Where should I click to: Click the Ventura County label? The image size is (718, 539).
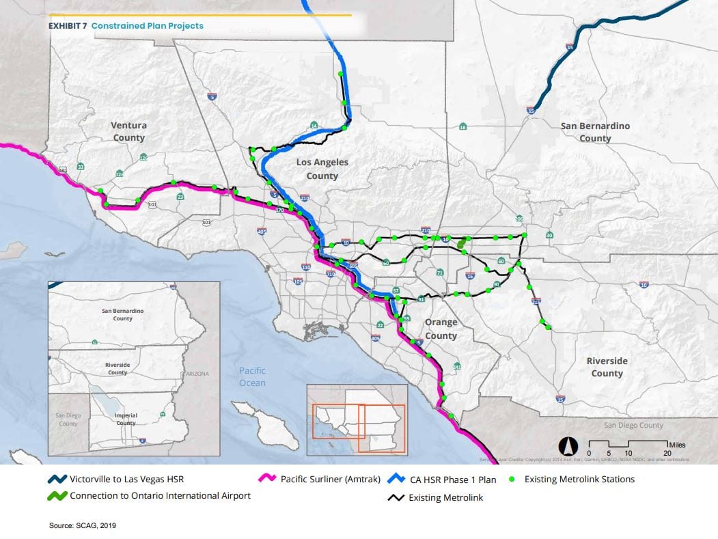[129, 131]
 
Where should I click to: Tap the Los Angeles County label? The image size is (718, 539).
[322, 169]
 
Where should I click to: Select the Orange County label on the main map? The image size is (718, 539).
[441, 329]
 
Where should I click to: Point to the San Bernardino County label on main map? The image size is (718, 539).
[595, 132]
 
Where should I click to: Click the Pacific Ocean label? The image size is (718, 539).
[252, 376]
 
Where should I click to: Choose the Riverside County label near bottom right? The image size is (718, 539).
[607, 367]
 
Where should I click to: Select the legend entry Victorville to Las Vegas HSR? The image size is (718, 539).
[126, 480]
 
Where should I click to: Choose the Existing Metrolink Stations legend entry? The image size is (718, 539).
[579, 480]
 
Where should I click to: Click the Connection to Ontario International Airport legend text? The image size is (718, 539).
[160, 495]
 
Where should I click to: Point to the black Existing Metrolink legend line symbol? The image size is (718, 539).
[393, 498]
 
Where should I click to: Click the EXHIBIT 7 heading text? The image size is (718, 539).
[66, 26]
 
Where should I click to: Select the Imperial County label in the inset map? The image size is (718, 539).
[126, 419]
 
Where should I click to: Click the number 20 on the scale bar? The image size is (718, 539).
[667, 453]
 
